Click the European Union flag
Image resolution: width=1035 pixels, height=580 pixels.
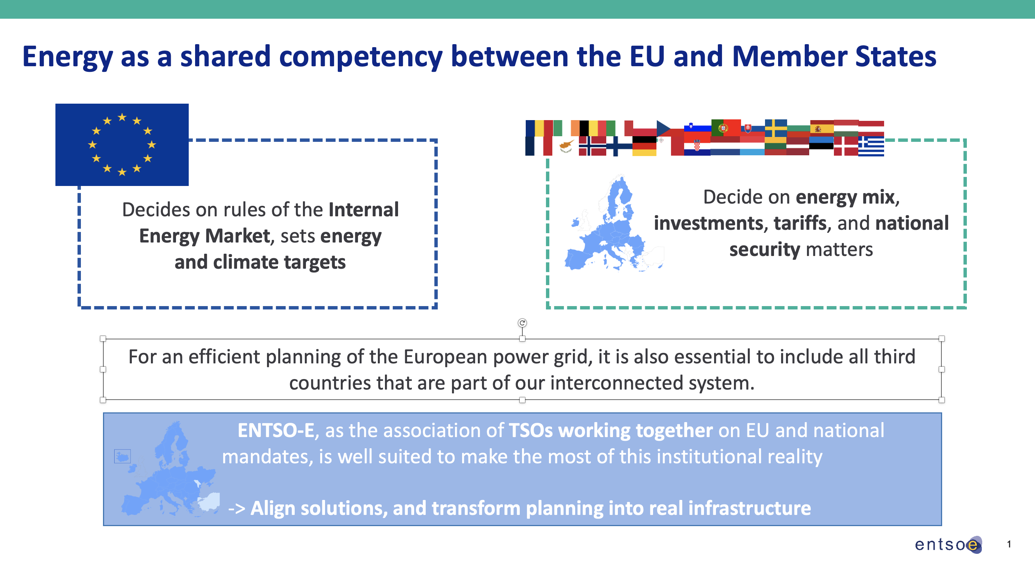(x=122, y=144)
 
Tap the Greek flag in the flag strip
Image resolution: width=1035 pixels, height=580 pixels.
(x=871, y=146)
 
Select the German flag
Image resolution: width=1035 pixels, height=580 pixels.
(x=644, y=146)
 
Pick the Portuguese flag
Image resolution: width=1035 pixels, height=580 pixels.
(x=726, y=128)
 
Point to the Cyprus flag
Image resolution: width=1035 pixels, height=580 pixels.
(x=566, y=146)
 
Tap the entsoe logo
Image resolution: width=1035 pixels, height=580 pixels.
(x=948, y=545)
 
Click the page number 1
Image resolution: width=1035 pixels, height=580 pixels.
(x=1009, y=544)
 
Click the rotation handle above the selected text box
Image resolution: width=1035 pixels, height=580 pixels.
(x=522, y=323)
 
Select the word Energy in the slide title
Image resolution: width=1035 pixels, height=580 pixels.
(x=67, y=57)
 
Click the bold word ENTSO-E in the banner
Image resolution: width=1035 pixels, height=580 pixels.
(x=276, y=430)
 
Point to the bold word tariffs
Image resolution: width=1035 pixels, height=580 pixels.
(x=800, y=223)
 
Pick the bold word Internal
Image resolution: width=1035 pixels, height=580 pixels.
(x=364, y=210)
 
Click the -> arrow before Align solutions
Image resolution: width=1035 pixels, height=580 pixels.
(x=237, y=509)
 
